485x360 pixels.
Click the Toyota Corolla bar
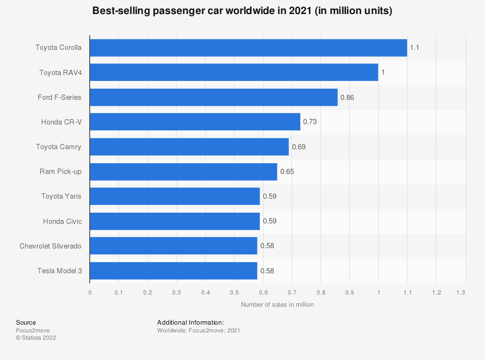pyautogui.click(x=248, y=47)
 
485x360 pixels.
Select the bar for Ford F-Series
pyautogui.click(x=213, y=97)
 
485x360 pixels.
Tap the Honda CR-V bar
pyautogui.click(x=194, y=122)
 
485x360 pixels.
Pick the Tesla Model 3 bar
pyautogui.click(x=173, y=271)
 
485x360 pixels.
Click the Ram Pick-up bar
pyautogui.click(x=183, y=172)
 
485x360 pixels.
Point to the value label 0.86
pyautogui.click(x=347, y=97)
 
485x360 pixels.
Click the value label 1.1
pyautogui.click(x=414, y=47)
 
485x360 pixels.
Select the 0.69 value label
pyautogui.click(x=299, y=147)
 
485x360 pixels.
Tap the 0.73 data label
pyautogui.click(x=310, y=122)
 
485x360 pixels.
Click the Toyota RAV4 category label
pyautogui.click(x=60, y=72)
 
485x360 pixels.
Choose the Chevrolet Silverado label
pyautogui.click(x=50, y=246)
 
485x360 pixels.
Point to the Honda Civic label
pyautogui.click(x=62, y=221)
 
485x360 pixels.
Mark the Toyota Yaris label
pyautogui.click(x=61, y=196)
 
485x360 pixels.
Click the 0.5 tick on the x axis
pyautogui.click(x=234, y=293)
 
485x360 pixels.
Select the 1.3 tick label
pyautogui.click(x=461, y=293)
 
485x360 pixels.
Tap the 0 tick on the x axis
pyautogui.click(x=90, y=293)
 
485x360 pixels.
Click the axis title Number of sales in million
pyautogui.click(x=277, y=305)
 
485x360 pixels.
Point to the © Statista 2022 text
pyautogui.click(x=36, y=338)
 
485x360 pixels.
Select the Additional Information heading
pyautogui.click(x=190, y=322)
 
